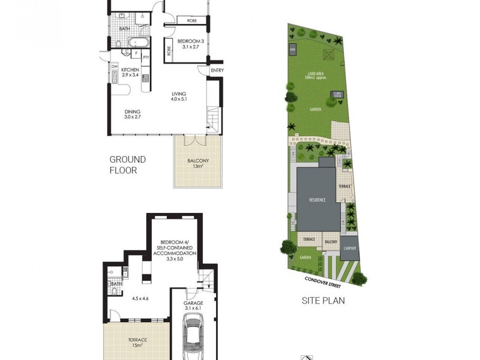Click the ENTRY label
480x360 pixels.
click(216, 71)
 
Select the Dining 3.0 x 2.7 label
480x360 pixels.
click(133, 114)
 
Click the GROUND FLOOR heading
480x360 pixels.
click(127, 164)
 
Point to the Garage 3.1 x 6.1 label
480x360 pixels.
click(193, 307)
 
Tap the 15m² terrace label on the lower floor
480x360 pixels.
click(138, 343)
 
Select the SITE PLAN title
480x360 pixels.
click(323, 301)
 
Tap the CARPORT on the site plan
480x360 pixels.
click(350, 247)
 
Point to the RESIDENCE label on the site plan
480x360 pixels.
click(318, 200)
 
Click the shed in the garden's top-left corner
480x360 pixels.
click(293, 49)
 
